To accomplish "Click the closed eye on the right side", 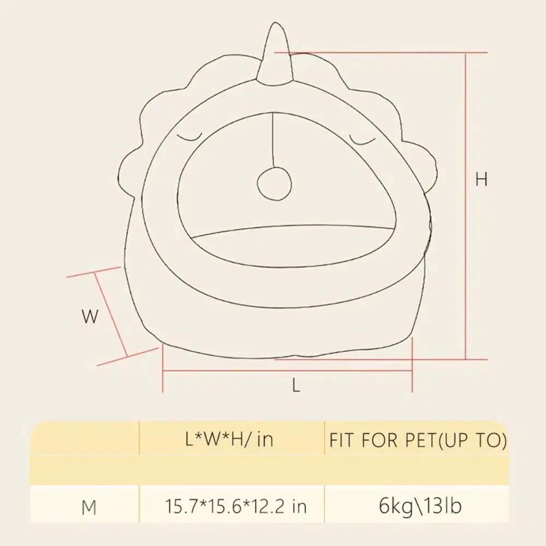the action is point(363,140).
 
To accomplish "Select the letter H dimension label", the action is point(481,179).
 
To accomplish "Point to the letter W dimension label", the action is point(90,317).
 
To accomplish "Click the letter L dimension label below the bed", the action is point(296,386).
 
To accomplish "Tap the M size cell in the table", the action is point(89,507).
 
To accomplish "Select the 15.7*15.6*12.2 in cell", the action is point(235,506).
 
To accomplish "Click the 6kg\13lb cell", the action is point(420,506).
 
